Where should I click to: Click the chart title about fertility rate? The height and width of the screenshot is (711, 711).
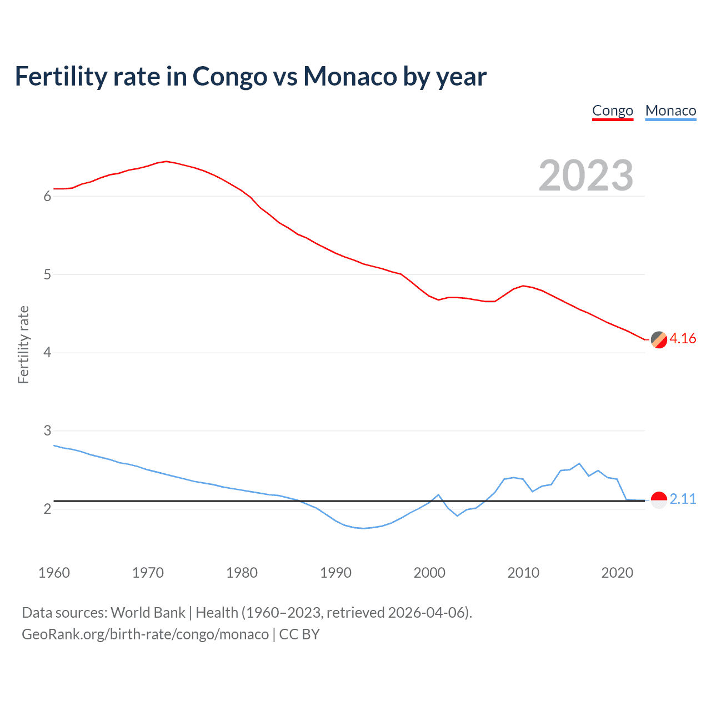pos(251,76)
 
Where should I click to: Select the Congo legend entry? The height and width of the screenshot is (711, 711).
pos(612,111)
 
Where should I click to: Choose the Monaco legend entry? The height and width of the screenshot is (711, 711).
pos(670,111)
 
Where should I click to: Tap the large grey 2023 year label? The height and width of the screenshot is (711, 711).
pos(586,176)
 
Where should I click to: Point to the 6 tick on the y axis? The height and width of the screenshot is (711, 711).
pos(47,196)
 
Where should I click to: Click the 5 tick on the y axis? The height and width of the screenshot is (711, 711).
pos(47,274)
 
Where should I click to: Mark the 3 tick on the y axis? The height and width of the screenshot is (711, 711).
pos(47,430)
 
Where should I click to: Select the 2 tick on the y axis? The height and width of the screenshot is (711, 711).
pos(47,509)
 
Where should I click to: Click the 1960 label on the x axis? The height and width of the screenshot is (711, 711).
pos(54,573)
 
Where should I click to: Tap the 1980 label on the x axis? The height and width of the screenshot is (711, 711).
pos(242,573)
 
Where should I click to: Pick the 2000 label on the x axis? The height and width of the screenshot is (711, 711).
pos(429,573)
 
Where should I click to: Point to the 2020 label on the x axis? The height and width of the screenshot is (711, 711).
pos(617,573)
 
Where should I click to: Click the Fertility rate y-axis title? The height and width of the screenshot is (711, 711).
pos(23,344)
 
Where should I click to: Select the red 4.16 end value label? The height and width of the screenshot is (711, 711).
pos(683,338)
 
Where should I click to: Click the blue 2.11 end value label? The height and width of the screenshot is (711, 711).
pos(683,499)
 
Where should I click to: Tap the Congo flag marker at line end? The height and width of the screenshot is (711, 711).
pos(659,339)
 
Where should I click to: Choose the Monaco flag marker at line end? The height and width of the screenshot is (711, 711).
pos(659,500)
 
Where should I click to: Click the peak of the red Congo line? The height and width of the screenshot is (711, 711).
pos(166,161)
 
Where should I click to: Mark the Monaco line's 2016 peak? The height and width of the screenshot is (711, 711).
pos(579,463)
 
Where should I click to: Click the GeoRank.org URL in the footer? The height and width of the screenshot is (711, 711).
pos(145,634)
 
